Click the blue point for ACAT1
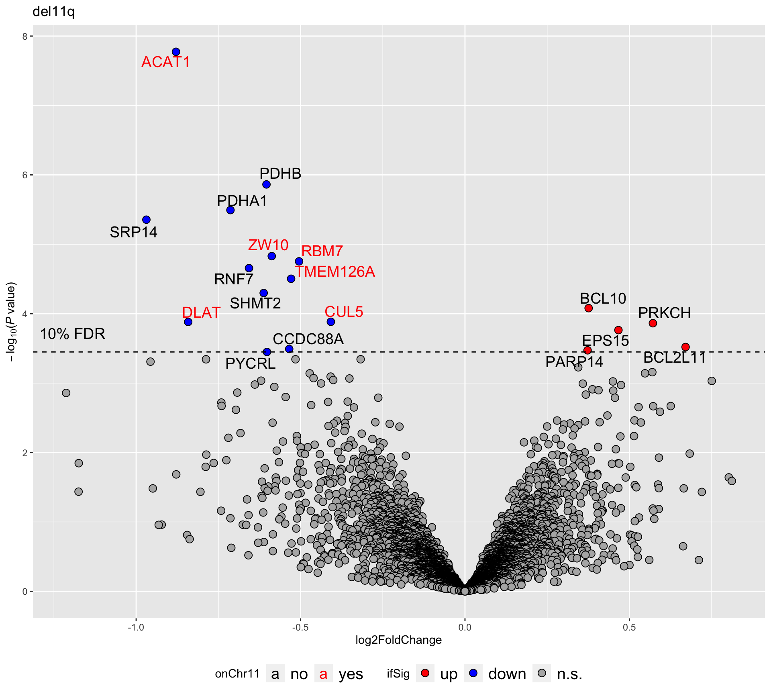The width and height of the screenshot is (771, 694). click(176, 52)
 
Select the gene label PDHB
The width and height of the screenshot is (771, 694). click(280, 173)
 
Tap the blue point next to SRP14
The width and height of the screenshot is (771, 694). click(146, 220)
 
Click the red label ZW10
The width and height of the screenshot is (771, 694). click(268, 245)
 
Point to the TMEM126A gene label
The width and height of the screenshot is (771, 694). click(335, 272)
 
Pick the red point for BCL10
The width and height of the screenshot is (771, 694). click(588, 308)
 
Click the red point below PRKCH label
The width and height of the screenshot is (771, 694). click(653, 323)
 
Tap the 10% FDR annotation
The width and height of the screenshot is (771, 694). click(73, 334)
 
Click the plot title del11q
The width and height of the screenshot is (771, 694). click(53, 12)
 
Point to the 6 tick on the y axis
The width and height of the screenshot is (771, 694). click(25, 175)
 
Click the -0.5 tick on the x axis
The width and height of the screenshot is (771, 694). click(300, 627)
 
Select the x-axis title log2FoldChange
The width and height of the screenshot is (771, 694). click(398, 640)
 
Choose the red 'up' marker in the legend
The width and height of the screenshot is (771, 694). click(425, 673)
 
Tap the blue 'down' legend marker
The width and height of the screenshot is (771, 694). click(473, 673)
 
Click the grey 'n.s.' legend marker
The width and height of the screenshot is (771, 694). click(542, 673)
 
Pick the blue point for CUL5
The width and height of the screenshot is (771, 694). click(331, 322)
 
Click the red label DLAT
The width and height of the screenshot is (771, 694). click(201, 312)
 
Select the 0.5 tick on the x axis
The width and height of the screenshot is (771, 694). click(629, 627)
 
